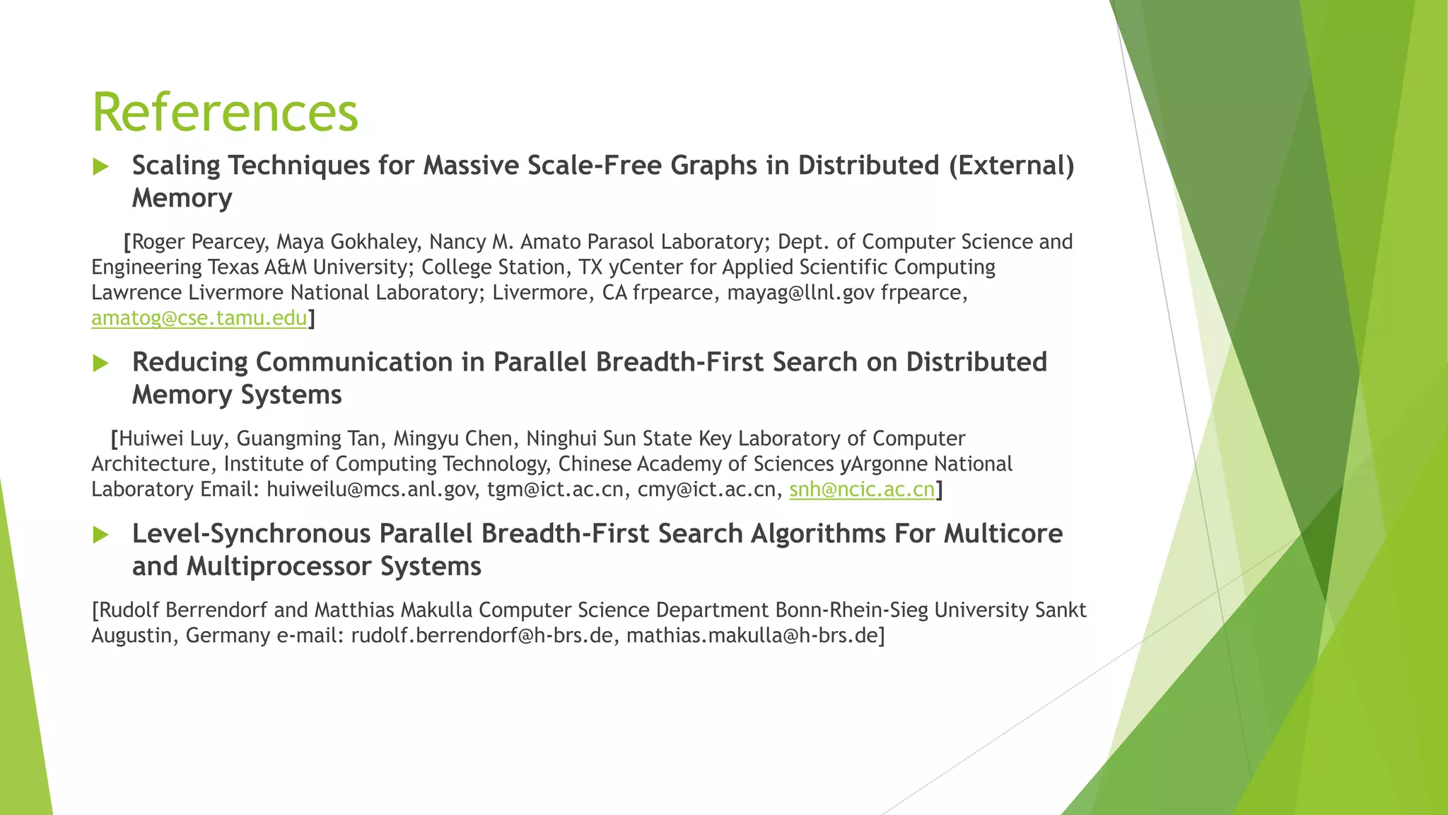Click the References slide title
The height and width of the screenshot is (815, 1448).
click(225, 112)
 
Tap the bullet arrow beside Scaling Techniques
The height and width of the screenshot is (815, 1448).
click(100, 167)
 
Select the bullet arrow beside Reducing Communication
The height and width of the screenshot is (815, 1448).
click(100, 364)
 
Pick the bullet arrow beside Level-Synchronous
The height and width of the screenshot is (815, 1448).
click(100, 536)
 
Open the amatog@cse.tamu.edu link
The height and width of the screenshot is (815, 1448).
click(199, 318)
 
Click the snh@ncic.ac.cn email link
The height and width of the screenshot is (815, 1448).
click(862, 490)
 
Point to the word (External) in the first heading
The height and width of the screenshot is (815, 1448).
click(1012, 166)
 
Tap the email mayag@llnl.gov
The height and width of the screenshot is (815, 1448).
click(800, 293)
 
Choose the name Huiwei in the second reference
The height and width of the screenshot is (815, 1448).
click(151, 439)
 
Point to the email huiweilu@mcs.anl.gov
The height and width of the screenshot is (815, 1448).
click(370, 490)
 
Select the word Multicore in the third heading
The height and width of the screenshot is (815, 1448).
click(1003, 533)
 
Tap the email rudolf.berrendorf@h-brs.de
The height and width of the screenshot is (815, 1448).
click(481, 635)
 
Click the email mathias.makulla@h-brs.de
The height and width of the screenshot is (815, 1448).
click(752, 635)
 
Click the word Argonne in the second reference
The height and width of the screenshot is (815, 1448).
click(889, 464)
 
